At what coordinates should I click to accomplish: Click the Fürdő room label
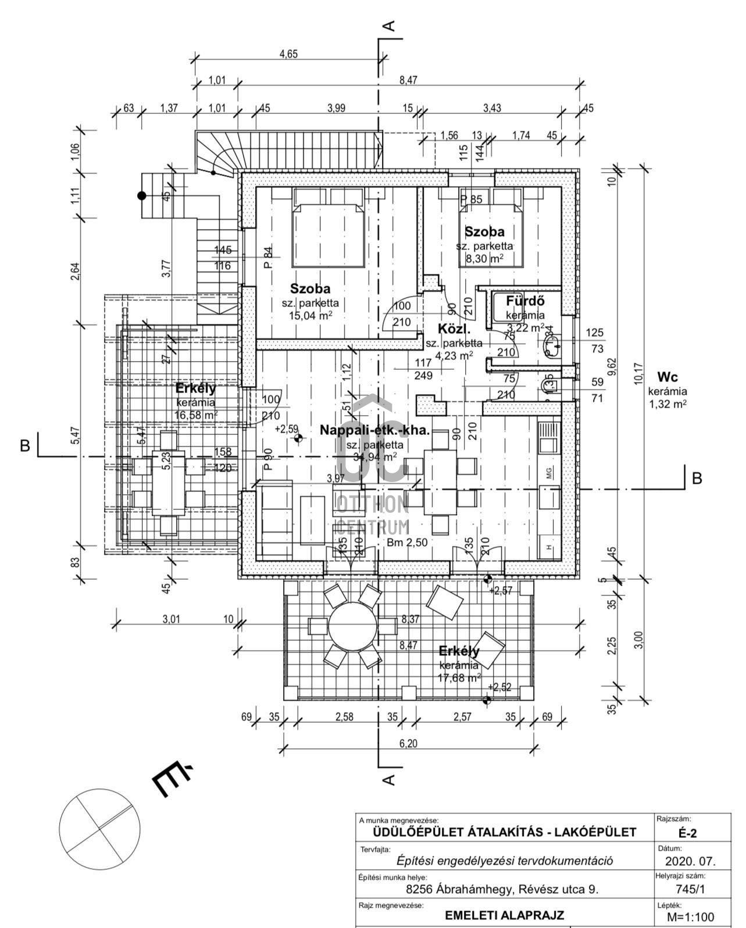click(x=524, y=301)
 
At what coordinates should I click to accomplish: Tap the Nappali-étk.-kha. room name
click(x=375, y=431)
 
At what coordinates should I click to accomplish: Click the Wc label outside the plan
click(x=668, y=377)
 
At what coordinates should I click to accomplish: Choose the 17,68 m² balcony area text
click(x=459, y=677)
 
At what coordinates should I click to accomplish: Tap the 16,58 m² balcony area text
click(x=196, y=415)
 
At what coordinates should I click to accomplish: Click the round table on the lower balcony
click(x=352, y=626)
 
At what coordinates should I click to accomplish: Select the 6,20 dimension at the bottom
click(x=409, y=743)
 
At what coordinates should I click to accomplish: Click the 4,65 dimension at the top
click(x=288, y=54)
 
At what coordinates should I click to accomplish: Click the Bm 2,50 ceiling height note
click(x=408, y=542)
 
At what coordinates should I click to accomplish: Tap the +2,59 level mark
click(x=287, y=429)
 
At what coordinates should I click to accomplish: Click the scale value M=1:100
click(x=691, y=918)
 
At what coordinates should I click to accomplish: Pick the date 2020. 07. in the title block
click(x=690, y=861)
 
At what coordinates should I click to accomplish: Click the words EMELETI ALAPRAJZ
click(x=505, y=915)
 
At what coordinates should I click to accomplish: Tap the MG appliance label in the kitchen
click(x=548, y=473)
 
